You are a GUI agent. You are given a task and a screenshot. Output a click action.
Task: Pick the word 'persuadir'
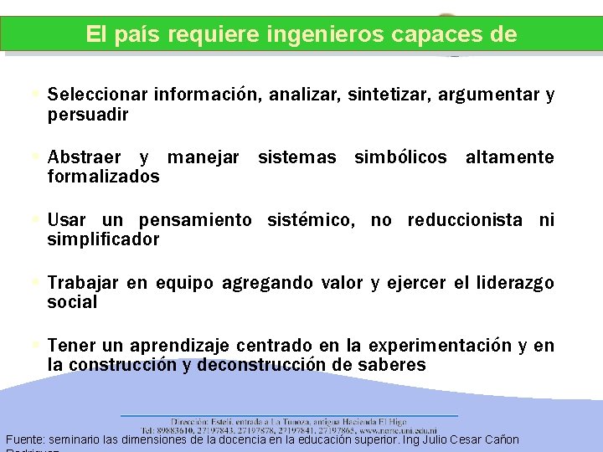pyautogui.click(x=88, y=115)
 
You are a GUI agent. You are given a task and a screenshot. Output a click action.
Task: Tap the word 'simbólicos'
pyautogui.click(x=400, y=157)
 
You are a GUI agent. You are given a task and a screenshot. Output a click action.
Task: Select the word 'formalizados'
pyautogui.click(x=103, y=177)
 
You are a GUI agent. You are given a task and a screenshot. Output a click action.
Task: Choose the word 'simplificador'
pyautogui.click(x=103, y=239)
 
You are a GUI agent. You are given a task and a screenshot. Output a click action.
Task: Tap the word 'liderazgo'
pyautogui.click(x=515, y=283)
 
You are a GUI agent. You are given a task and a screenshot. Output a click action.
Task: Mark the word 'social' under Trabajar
pyautogui.click(x=72, y=302)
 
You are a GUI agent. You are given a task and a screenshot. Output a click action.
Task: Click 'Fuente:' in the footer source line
pyautogui.click(x=25, y=439)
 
